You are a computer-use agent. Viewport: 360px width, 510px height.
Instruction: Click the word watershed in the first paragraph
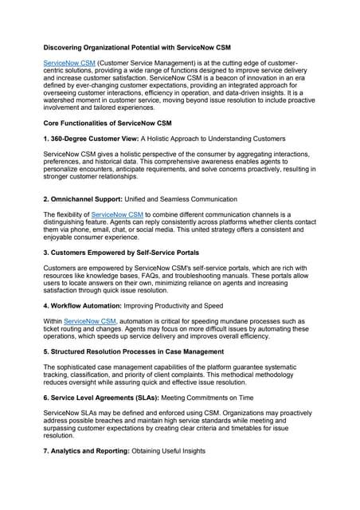63,103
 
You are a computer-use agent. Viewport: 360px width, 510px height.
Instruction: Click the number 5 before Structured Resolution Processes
45,350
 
